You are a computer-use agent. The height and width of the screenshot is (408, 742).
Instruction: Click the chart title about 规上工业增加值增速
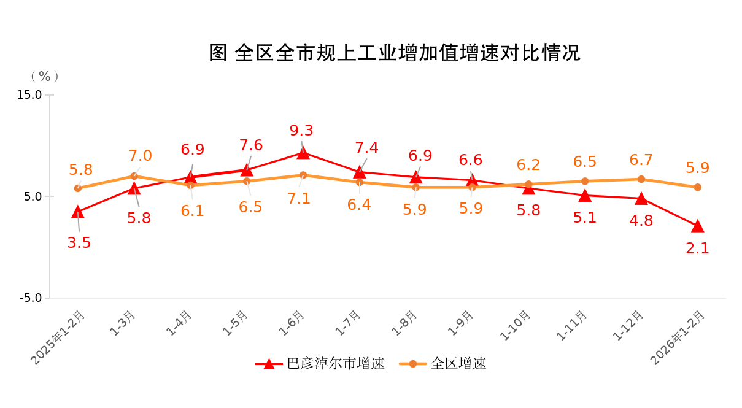(395, 53)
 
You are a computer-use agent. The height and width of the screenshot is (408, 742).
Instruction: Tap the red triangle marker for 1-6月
(303, 152)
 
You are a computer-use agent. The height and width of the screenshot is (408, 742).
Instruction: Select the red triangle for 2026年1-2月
(697, 226)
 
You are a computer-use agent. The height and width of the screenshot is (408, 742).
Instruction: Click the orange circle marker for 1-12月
(641, 179)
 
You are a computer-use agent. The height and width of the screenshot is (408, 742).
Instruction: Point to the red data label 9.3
(301, 131)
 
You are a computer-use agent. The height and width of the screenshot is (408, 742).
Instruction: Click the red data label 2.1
(697, 248)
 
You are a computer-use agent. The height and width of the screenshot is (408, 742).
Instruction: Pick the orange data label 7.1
(299, 199)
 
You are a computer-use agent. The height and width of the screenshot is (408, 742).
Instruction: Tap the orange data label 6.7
(641, 160)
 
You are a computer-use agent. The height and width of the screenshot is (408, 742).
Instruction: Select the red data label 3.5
(79, 243)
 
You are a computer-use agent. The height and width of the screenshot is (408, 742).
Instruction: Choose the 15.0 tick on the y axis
(29, 95)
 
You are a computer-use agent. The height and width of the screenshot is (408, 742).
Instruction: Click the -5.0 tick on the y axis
(31, 298)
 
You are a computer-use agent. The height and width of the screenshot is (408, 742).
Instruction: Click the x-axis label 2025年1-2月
(59, 337)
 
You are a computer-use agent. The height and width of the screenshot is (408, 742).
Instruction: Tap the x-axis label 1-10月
(516, 326)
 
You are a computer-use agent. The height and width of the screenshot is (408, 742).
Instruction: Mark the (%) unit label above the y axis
(45, 76)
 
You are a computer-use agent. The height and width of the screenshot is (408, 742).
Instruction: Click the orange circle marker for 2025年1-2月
(78, 188)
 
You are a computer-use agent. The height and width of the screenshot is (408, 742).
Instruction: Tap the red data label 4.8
(641, 221)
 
